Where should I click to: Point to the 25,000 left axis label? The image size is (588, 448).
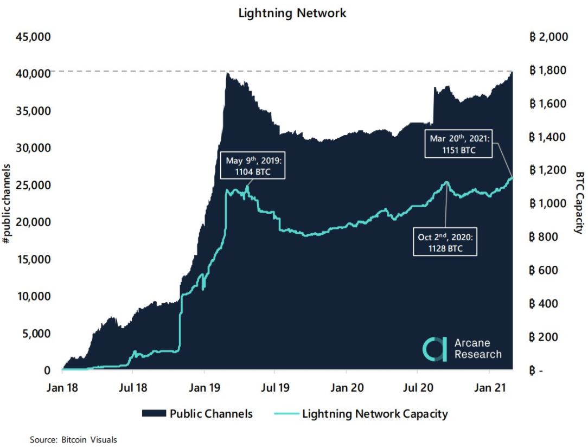coord(35,185)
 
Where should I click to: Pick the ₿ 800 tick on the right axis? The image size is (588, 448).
coord(544,237)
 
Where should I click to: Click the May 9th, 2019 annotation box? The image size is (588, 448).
coord(253,166)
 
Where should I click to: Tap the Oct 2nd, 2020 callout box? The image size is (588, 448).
coord(444,242)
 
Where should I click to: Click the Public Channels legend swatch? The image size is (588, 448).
coord(153,414)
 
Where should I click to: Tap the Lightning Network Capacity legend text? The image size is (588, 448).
coord(375,414)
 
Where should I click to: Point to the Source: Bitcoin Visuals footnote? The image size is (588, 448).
coord(73,440)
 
